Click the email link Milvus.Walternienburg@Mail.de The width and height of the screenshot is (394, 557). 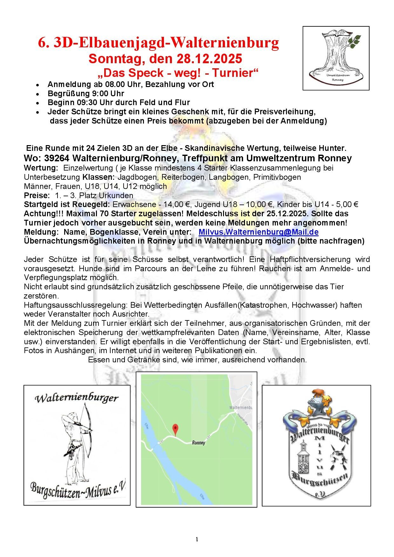point(258,232)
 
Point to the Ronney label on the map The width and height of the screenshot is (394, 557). point(198,443)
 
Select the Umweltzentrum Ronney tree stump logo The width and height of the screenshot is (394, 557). point(336,58)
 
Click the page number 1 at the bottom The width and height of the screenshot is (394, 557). point(197,539)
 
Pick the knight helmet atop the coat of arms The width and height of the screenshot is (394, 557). point(316,403)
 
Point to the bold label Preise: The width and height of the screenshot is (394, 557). point(37,195)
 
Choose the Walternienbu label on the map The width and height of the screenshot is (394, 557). point(241,407)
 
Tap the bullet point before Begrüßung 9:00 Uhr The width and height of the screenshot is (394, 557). point(37,94)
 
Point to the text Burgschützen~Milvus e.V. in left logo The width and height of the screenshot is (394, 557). point(78,489)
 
